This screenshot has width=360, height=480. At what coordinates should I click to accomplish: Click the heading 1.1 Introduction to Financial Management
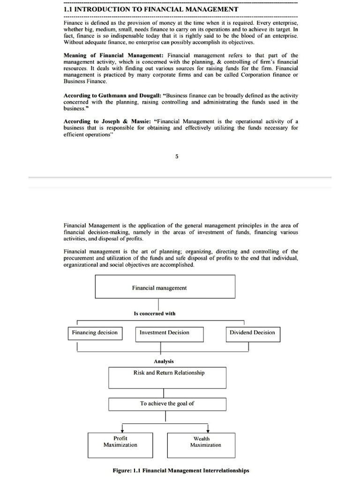click(151, 9)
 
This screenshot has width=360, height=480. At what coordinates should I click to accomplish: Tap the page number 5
click(177, 157)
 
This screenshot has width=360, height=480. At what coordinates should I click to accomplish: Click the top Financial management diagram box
click(165, 286)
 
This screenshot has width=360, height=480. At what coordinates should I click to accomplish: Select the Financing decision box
click(95, 333)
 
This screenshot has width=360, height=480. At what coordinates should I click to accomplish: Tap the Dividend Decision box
click(252, 333)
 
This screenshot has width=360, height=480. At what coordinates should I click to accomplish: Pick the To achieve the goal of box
click(167, 404)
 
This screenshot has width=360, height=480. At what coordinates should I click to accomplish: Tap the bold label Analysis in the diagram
click(164, 361)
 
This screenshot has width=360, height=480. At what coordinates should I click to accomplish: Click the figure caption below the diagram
click(181, 470)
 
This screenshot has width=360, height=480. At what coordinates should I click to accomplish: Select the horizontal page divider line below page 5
click(180, 177)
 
